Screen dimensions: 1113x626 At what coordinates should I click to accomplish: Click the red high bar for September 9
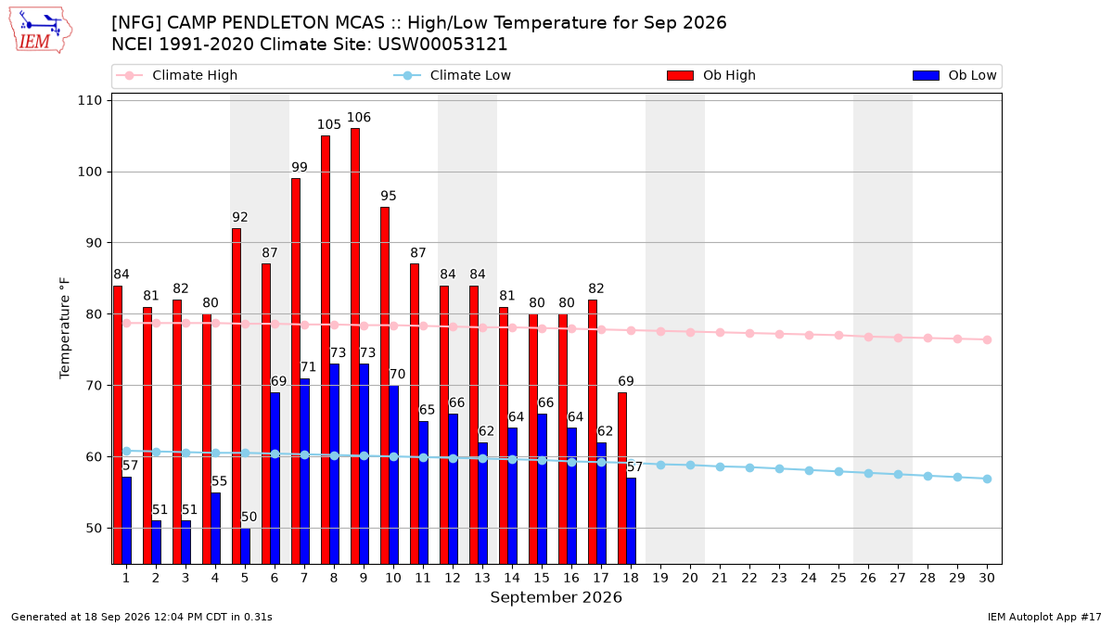coord(355,346)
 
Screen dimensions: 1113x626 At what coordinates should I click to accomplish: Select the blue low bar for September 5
coord(246,545)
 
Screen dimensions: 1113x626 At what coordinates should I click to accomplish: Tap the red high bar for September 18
coord(622,478)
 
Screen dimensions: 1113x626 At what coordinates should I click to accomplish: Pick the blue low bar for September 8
coord(335,464)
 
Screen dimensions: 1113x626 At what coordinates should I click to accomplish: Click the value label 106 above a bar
coord(359,117)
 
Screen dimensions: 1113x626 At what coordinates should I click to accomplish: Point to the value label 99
coord(300,168)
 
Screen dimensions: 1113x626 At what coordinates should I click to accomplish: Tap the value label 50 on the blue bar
coord(249,517)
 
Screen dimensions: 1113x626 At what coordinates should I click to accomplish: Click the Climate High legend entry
coord(176,75)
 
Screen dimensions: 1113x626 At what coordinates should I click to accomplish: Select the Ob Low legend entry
coord(954,75)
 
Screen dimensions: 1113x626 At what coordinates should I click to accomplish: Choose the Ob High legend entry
coord(711,75)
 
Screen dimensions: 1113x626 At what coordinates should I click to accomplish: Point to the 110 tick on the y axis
coord(89,101)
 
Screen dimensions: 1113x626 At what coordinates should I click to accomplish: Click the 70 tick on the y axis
coord(94,386)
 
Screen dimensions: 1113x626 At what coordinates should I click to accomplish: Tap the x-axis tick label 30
coord(987,578)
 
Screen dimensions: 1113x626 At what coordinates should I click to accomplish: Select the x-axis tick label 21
coord(720,578)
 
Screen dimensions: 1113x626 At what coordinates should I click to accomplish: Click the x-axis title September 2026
coord(556,597)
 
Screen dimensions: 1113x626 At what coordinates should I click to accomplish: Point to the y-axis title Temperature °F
coord(65,328)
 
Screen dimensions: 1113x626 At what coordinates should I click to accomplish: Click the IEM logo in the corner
coord(40,31)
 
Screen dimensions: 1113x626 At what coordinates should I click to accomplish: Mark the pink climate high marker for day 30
coord(987,339)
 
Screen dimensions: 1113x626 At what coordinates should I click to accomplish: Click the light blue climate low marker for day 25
coord(838,471)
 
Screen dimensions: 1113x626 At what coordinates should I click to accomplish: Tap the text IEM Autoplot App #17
coord(1044,617)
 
